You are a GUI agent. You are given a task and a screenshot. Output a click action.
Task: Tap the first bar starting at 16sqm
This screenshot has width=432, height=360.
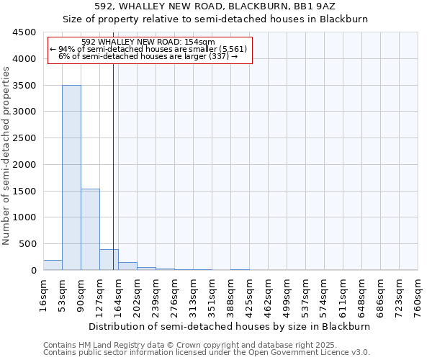click(x=53, y=265)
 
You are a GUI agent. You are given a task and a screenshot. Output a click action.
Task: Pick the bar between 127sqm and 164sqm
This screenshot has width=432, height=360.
click(x=109, y=260)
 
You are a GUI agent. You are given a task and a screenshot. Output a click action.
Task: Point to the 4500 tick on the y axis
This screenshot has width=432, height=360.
click(x=25, y=32)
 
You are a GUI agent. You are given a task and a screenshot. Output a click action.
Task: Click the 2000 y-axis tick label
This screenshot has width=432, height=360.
click(x=25, y=164)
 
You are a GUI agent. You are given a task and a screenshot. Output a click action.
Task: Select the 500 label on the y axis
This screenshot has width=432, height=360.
click(x=28, y=243)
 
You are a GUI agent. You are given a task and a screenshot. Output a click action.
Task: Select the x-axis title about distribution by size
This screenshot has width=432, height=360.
click(x=230, y=326)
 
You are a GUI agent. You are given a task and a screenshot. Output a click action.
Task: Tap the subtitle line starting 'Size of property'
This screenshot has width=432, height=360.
click(x=215, y=19)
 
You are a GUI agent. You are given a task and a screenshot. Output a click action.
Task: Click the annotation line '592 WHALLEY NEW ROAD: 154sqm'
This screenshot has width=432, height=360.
click(x=148, y=42)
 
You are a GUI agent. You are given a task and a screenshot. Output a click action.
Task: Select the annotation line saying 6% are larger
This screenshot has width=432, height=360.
click(x=148, y=55)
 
